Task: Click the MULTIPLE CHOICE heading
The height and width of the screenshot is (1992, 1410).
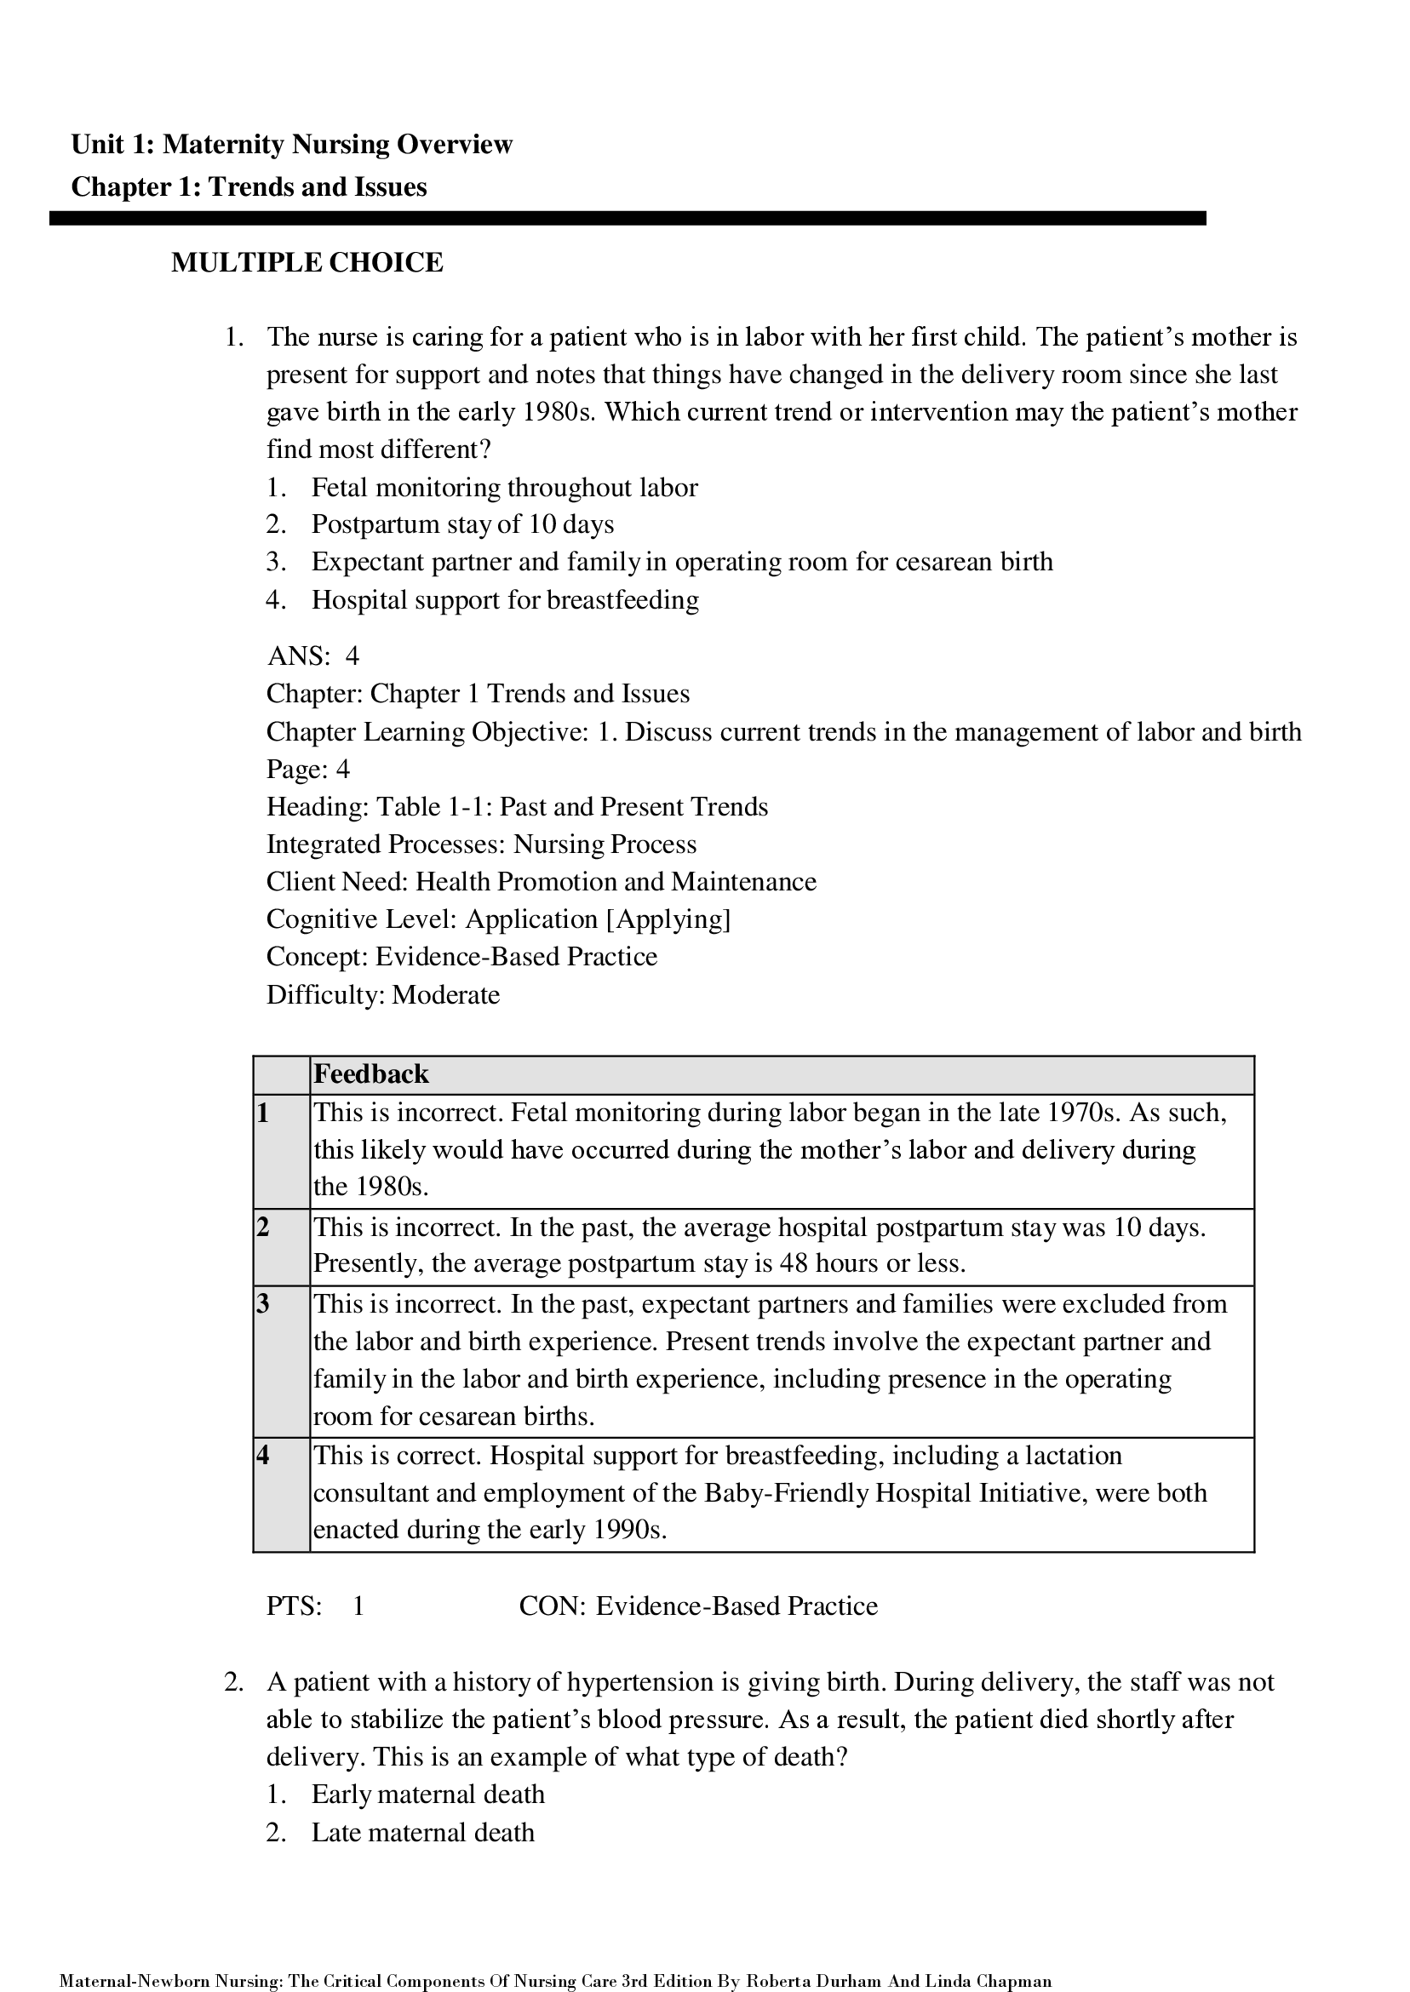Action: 307,262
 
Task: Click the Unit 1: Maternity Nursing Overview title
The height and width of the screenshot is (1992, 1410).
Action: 292,144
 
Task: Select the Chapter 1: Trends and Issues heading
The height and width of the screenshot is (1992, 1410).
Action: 249,187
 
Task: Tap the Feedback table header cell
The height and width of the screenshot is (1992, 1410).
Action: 370,1074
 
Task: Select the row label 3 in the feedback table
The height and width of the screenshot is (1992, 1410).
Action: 264,1303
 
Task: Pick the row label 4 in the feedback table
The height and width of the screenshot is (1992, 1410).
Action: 264,1456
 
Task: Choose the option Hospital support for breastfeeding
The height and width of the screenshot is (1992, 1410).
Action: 504,600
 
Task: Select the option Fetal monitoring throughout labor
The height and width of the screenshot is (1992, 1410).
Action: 503,487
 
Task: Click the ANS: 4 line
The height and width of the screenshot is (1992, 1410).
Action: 312,655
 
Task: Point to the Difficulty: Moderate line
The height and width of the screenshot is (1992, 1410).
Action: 383,994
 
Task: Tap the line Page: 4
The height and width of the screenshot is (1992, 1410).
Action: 307,769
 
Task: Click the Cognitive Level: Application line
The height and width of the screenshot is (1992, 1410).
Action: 498,919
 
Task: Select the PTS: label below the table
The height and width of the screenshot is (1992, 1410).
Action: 294,1606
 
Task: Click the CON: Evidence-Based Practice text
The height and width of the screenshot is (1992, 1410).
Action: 698,1606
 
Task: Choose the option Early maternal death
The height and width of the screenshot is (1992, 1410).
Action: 427,1795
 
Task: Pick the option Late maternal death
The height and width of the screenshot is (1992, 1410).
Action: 422,1832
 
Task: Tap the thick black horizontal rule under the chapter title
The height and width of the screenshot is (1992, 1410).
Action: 627,219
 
